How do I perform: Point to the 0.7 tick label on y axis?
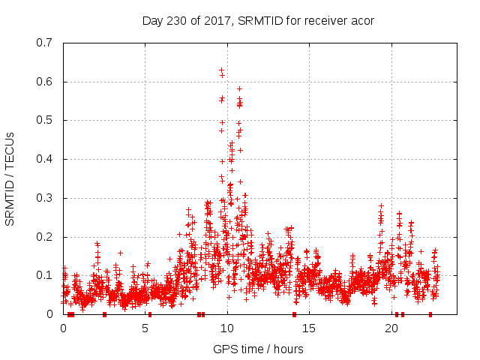pyautogui.click(x=45, y=43)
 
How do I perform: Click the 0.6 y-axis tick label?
pyautogui.click(x=45, y=82)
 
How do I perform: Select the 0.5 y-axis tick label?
pyautogui.click(x=45, y=121)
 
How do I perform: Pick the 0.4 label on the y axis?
pyautogui.click(x=45, y=160)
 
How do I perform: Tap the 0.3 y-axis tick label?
pyautogui.click(x=45, y=199)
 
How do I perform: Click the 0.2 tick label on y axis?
pyautogui.click(x=45, y=238)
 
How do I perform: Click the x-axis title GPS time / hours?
pyautogui.click(x=258, y=349)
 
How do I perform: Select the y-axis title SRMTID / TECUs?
pyautogui.click(x=10, y=178)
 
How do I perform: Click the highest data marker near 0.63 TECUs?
pyautogui.click(x=221, y=70)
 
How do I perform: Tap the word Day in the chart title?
pyautogui.click(x=152, y=21)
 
